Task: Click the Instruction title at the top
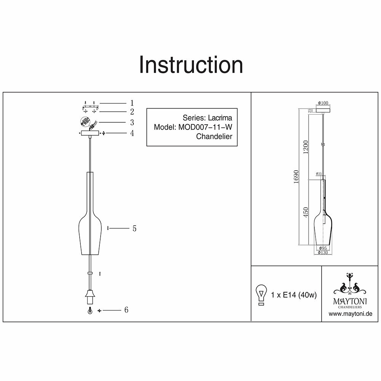pyautogui.click(x=190, y=65)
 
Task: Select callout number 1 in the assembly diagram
pyautogui.click(x=132, y=103)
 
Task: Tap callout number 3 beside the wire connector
pyautogui.click(x=132, y=122)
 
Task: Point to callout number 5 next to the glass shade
pyautogui.click(x=134, y=229)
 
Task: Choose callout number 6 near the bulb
pyautogui.click(x=126, y=310)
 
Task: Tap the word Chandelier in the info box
pyautogui.click(x=214, y=136)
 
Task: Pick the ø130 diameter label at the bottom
pyautogui.click(x=322, y=252)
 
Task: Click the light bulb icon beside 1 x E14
pyautogui.click(x=261, y=295)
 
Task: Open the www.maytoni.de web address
pyautogui.click(x=350, y=314)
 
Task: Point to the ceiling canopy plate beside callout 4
pyautogui.click(x=90, y=133)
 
